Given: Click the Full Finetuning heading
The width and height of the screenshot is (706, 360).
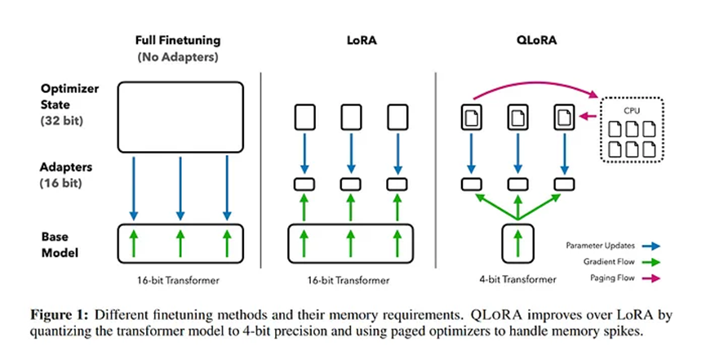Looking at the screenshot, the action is pyautogui.click(x=178, y=41).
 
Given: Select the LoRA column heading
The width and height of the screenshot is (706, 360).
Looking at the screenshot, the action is pyautogui.click(x=362, y=40).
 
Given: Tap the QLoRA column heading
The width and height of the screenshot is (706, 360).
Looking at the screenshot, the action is pyautogui.click(x=536, y=40).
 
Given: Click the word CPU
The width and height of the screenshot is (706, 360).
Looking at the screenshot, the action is pyautogui.click(x=632, y=111).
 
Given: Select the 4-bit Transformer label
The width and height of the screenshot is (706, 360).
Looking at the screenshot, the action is pyautogui.click(x=517, y=280).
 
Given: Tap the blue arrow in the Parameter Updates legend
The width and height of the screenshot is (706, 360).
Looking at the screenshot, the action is pyautogui.click(x=651, y=246).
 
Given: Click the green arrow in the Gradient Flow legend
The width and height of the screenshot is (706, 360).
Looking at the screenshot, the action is pyautogui.click(x=651, y=262).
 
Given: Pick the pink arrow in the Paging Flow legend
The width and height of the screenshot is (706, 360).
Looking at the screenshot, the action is pyautogui.click(x=651, y=278).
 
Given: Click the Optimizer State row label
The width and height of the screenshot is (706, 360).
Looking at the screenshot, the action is pyautogui.click(x=69, y=96).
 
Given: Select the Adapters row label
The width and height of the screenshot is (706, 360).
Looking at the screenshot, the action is pyautogui.click(x=66, y=167).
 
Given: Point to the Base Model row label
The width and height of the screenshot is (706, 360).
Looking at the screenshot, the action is pyautogui.click(x=60, y=245).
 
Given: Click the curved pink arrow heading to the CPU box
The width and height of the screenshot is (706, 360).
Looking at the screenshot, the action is pyautogui.click(x=535, y=82).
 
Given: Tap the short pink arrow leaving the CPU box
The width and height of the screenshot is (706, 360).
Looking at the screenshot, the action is pyautogui.click(x=588, y=117).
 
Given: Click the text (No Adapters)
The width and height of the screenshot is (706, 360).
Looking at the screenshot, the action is pyautogui.click(x=178, y=57).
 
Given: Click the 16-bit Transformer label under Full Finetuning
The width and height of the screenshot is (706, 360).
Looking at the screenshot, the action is pyautogui.click(x=178, y=280).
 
